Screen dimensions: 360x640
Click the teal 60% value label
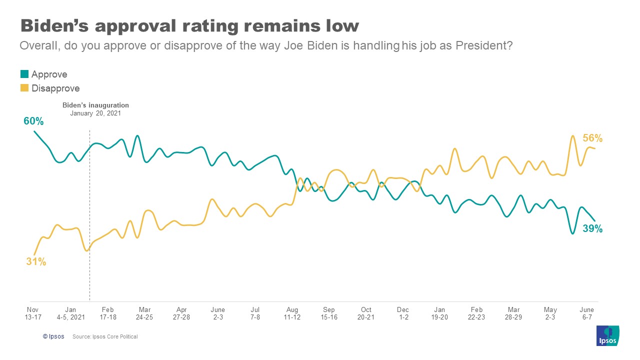tap(33, 121)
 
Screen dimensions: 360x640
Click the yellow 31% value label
tap(36, 261)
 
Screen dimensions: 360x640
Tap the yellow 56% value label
tap(592, 138)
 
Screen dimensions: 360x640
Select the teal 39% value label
tap(592, 229)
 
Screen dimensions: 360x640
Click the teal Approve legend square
tap(24, 74)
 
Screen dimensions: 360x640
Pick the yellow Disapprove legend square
tap(24, 88)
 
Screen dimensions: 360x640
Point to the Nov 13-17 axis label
tap(33, 313)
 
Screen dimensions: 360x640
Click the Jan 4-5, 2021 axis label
tap(70, 313)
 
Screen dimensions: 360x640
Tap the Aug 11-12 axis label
tap(292, 313)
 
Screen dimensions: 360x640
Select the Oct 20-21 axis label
tap(366, 313)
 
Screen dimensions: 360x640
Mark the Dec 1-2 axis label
tap(403, 313)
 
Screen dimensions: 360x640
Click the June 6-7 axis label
tap(586, 313)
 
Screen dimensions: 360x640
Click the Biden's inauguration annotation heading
tap(95, 105)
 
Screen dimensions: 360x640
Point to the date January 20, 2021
tap(95, 113)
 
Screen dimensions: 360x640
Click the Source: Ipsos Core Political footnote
tap(105, 337)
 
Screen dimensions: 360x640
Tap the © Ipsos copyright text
tap(53, 337)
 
